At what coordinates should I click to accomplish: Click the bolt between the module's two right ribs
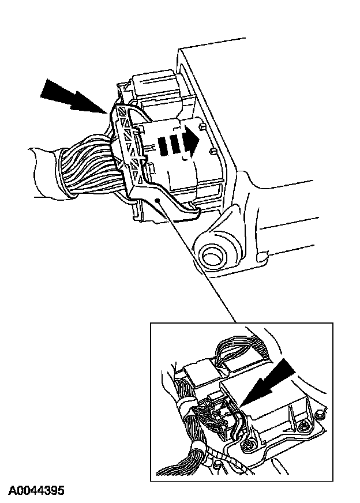point(303,427)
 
